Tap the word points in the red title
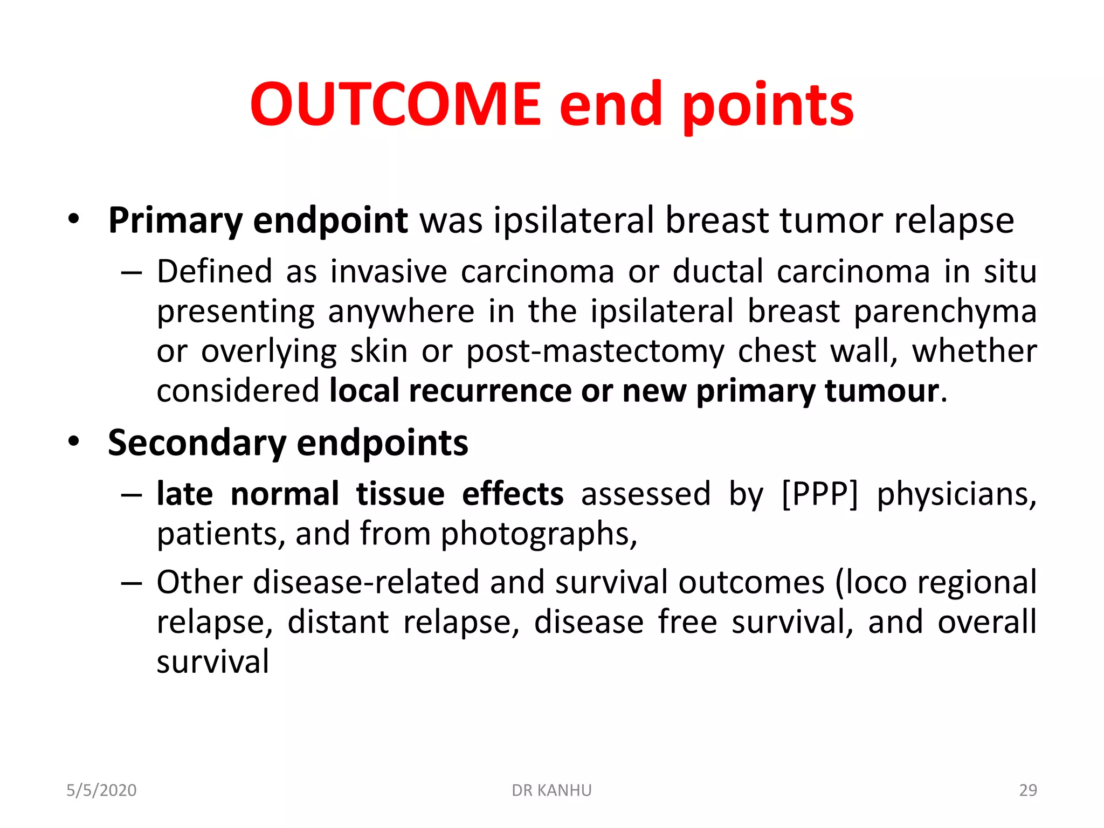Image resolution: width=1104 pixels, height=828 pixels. pos(768,106)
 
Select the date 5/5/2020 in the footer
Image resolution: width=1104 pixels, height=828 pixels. pos(101,790)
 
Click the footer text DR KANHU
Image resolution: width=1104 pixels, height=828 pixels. pos(551,790)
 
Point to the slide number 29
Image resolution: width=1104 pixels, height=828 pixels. pos(1027,790)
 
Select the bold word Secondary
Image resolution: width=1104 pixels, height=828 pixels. pos(197,444)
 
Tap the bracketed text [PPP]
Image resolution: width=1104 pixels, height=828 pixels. pos(819,494)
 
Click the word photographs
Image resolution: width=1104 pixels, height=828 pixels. pos(539,534)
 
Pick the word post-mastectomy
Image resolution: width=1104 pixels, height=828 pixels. pos(595,351)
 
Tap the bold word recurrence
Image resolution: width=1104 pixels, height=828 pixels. pos(489,391)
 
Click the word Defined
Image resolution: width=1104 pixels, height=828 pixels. pos(215,271)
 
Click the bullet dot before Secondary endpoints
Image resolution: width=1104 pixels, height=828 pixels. pos(74,441)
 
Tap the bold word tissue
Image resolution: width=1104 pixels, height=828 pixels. pos(400,494)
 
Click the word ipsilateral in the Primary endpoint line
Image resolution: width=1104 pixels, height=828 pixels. pos(573,221)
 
